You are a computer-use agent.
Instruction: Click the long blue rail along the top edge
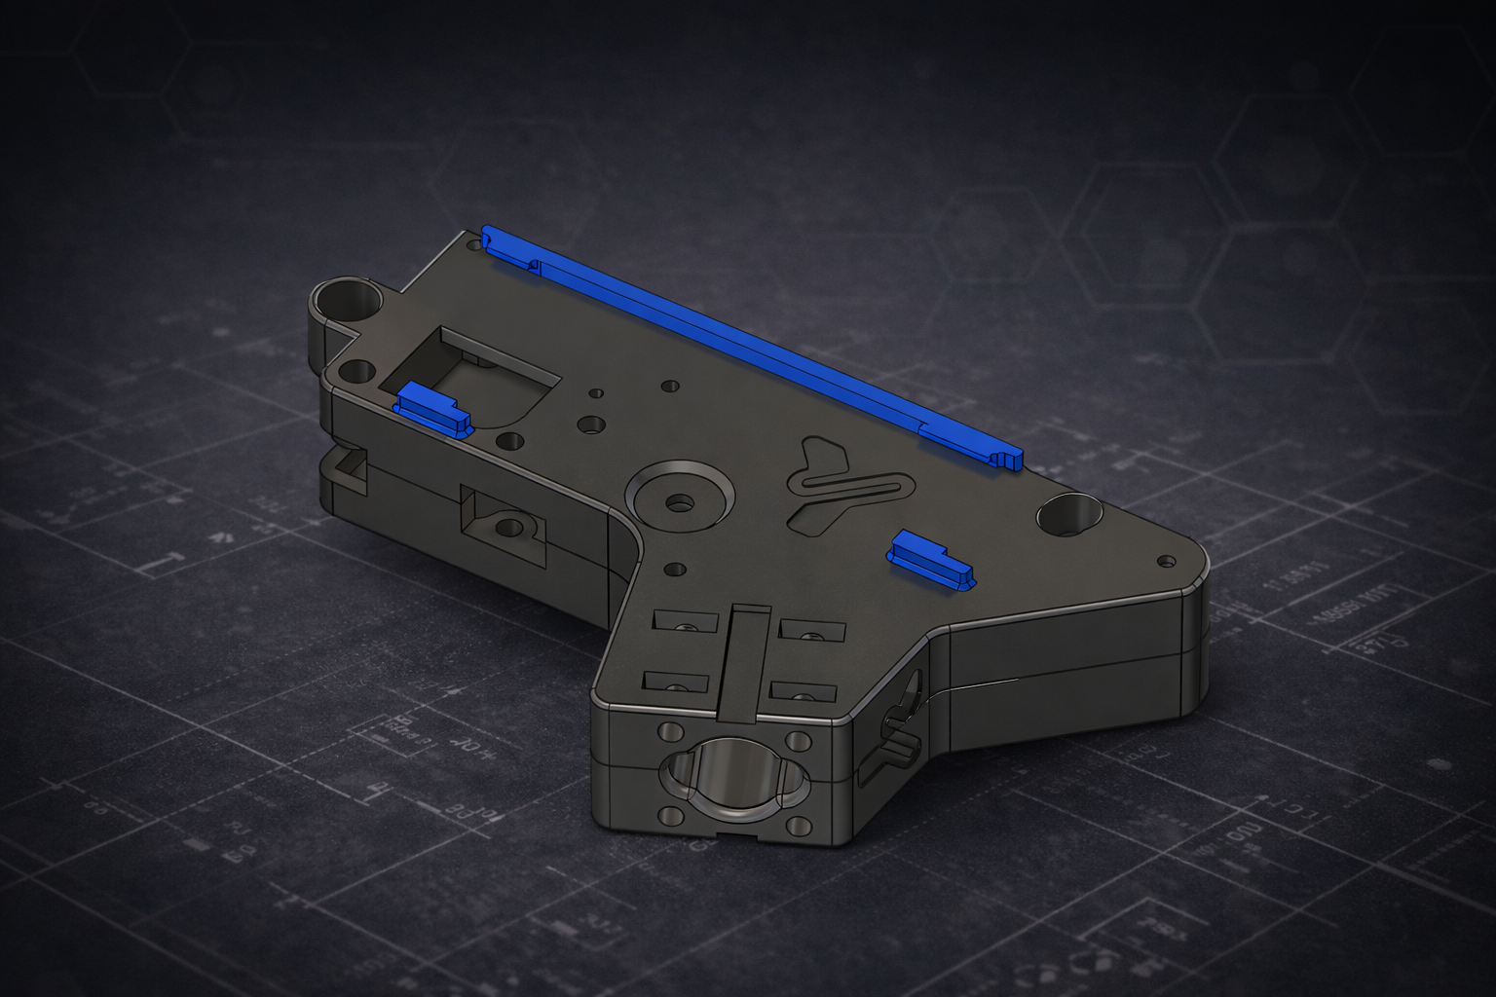click(x=750, y=346)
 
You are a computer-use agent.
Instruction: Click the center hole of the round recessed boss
click(x=680, y=503)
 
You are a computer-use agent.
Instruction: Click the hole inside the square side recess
click(x=508, y=529)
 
